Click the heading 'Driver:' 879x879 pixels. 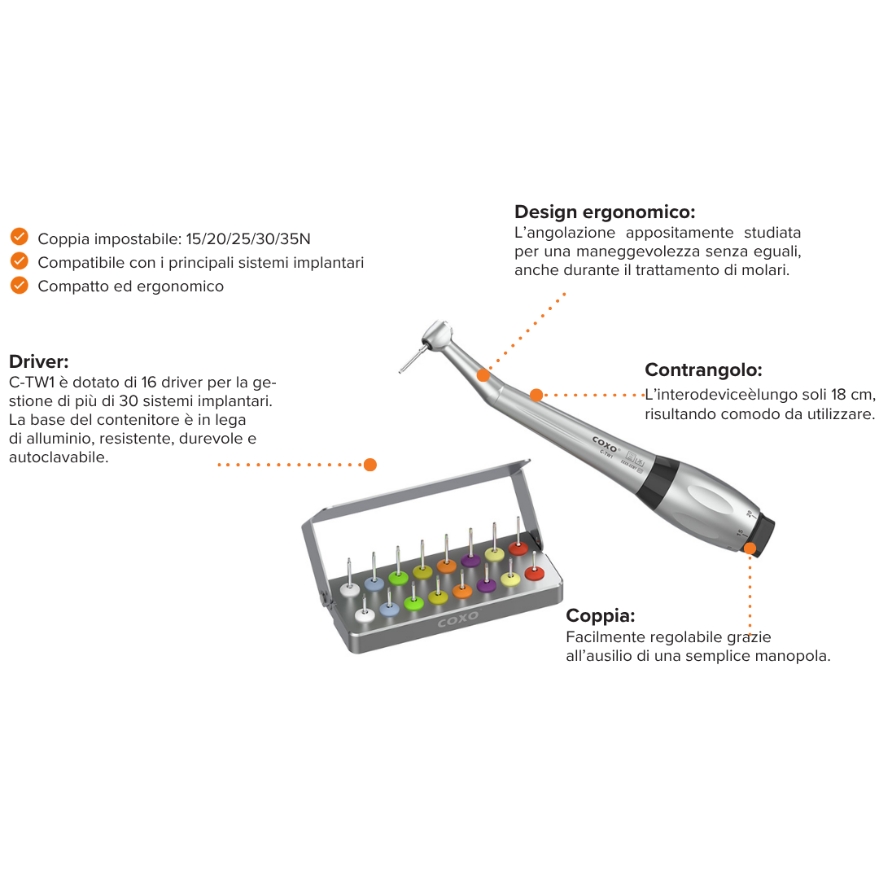pos(39,361)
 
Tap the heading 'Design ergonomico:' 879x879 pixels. pos(605,212)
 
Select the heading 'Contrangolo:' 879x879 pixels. pos(703,370)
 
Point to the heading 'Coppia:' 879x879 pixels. pos(601,615)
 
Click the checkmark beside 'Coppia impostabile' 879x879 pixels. pos(20,237)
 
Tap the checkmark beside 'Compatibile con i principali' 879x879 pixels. pos(20,260)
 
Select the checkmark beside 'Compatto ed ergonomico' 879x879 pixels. pos(20,285)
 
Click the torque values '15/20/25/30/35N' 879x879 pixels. pos(248,238)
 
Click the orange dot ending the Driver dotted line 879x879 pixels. pos(370,465)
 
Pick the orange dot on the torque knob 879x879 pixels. pos(750,549)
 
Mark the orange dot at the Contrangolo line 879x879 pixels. pos(536,396)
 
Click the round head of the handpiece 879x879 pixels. pos(437,335)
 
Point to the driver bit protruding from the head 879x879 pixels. pos(411,360)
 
